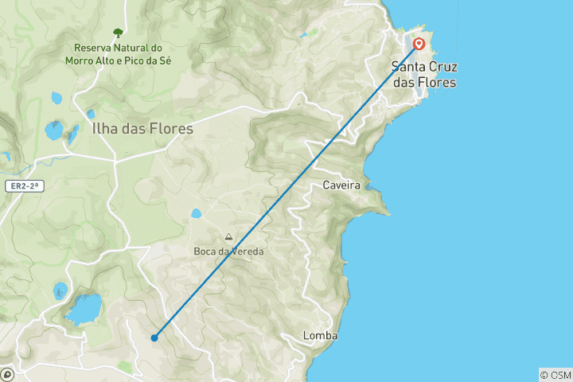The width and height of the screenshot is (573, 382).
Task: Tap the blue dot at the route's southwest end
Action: [154, 337]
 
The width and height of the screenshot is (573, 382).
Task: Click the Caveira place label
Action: [341, 185]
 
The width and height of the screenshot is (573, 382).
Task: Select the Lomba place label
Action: [320, 336]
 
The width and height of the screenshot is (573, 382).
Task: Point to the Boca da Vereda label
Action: [228, 251]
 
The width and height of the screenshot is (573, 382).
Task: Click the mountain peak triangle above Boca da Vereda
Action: [228, 237]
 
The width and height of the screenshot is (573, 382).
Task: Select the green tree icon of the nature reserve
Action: [118, 33]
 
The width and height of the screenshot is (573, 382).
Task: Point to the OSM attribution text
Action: [555, 375]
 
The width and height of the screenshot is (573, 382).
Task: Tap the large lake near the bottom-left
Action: [84, 308]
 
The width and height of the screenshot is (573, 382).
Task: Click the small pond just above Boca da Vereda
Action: [196, 213]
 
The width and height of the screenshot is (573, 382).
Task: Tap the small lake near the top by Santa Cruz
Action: [303, 35]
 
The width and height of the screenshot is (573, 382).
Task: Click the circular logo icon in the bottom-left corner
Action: [8, 373]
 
